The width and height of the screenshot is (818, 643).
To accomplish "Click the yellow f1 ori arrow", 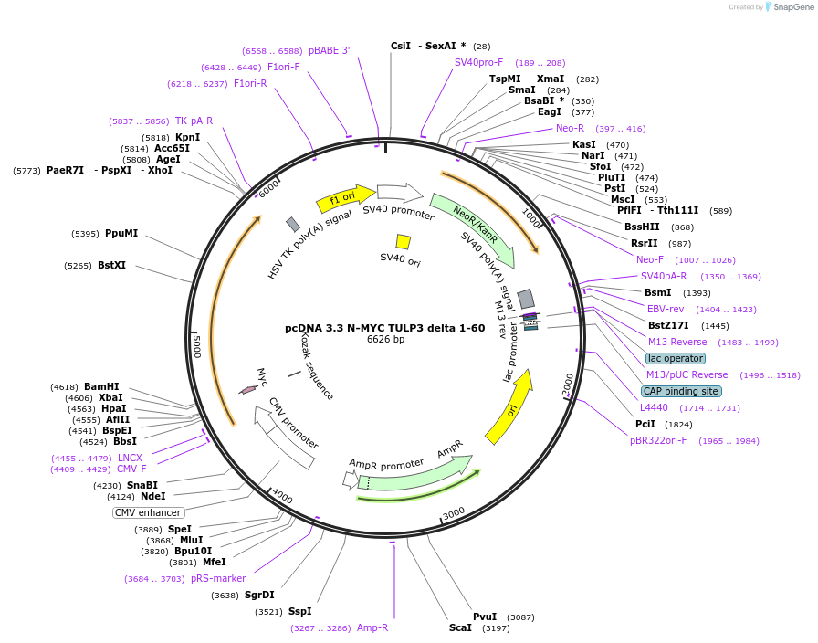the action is click(x=345, y=199).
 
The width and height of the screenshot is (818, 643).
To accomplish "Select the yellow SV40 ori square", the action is click(x=404, y=242).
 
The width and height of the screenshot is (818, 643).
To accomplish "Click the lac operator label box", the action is click(x=676, y=359).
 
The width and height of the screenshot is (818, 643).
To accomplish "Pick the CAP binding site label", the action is click(x=681, y=392).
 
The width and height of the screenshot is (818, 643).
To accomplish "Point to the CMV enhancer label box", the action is click(x=148, y=512).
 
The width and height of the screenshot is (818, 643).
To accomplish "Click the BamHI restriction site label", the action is click(x=101, y=386).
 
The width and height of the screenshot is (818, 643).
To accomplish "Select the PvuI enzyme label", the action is click(x=485, y=617).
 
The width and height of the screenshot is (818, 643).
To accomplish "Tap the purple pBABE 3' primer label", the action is click(x=330, y=50).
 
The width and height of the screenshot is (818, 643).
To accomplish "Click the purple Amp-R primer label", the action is click(x=372, y=627).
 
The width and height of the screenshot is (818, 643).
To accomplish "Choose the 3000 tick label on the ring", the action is click(x=453, y=513).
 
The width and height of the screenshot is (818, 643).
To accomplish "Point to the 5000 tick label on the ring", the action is click(x=196, y=346).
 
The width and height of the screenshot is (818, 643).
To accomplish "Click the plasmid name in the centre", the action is click(x=385, y=328).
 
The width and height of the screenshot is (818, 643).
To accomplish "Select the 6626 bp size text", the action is click(x=385, y=339).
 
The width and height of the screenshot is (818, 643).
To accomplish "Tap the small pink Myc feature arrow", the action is click(x=248, y=389).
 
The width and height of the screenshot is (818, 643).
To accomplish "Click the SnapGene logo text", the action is click(x=793, y=6).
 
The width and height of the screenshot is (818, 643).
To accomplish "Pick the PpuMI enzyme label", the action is click(x=121, y=233).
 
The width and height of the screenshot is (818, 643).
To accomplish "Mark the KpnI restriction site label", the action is click(x=188, y=137).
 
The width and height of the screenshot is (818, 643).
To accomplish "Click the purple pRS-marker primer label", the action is click(x=218, y=578).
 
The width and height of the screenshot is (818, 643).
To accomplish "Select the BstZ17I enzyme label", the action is click(x=668, y=326).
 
